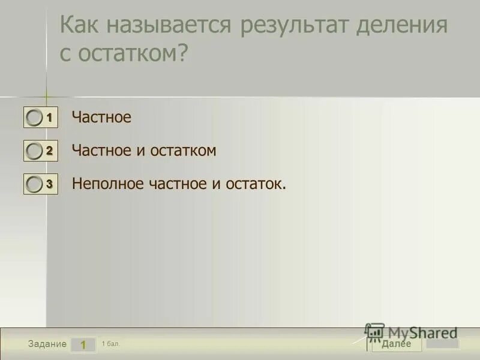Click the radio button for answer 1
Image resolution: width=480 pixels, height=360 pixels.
coord(35,118)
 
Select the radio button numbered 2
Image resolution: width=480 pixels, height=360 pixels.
coord(35,151)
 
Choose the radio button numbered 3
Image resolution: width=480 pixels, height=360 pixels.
coord(35,184)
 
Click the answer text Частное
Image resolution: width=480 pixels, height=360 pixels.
coord(101,118)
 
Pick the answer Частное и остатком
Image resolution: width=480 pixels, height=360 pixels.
coord(144,151)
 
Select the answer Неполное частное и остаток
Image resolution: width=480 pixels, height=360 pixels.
coord(179,184)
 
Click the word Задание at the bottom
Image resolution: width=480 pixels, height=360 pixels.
coord(47,344)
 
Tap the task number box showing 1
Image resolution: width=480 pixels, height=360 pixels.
coord(83,344)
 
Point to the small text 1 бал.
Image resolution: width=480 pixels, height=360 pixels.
coord(111,343)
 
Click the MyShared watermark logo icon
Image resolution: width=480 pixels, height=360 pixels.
coord(374,332)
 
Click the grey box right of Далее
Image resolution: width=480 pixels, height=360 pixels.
coord(443,344)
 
